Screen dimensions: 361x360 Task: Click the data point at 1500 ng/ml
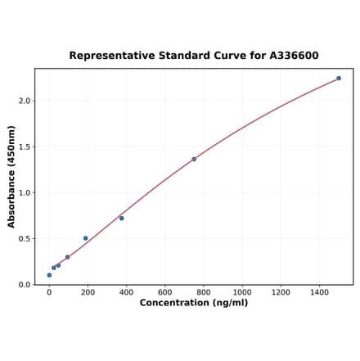(339, 79)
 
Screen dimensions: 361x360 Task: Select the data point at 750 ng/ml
(194, 159)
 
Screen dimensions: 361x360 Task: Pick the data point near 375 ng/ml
(122, 218)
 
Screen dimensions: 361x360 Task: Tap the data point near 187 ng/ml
(85, 238)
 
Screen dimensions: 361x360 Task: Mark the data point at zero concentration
(49, 275)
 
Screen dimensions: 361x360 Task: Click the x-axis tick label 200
(88, 292)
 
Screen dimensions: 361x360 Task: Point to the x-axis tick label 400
(126, 292)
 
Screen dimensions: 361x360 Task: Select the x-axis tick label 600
(164, 292)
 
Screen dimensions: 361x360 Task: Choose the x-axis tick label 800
(204, 292)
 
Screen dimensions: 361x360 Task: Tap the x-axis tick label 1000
(242, 292)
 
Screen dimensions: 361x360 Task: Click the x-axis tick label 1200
(281, 292)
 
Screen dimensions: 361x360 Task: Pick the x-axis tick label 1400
(319, 292)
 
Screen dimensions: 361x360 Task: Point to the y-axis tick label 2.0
(25, 101)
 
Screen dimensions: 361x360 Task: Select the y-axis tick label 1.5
(25, 147)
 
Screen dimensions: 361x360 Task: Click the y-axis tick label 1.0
(25, 193)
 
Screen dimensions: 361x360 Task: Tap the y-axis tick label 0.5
(25, 239)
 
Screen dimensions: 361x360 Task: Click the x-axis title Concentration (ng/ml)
(194, 304)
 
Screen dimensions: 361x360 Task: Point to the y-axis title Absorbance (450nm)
(11, 176)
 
